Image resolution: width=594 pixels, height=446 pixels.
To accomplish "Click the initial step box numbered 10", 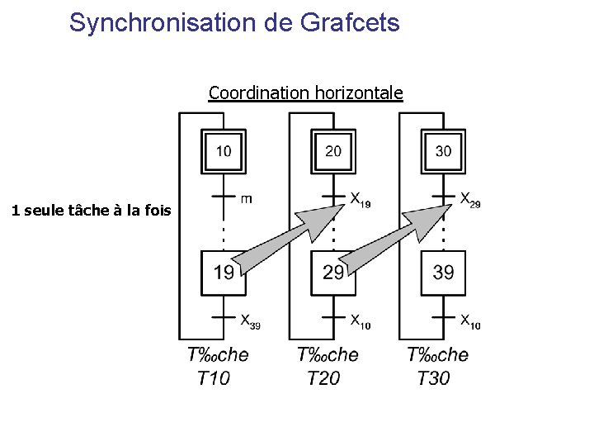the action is [x=224, y=151].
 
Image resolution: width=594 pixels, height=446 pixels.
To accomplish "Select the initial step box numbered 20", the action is [x=333, y=151].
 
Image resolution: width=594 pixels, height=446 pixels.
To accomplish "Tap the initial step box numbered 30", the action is [x=443, y=151].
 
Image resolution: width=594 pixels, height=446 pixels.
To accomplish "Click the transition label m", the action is [x=247, y=198].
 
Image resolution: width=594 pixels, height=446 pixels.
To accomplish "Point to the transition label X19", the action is [x=360, y=200].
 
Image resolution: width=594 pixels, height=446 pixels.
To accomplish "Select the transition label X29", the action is [x=469, y=200].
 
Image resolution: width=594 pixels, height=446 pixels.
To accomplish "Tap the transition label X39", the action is [x=250, y=320].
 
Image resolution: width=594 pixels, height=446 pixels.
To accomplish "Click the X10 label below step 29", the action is [x=360, y=320].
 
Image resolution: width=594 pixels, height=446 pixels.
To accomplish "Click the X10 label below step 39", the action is [x=469, y=320].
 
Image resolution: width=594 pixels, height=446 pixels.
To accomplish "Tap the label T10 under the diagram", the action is [x=214, y=378].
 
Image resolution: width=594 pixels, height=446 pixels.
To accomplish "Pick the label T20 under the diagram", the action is [x=323, y=378].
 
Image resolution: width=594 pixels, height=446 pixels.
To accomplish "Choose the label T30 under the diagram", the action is [x=434, y=378].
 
